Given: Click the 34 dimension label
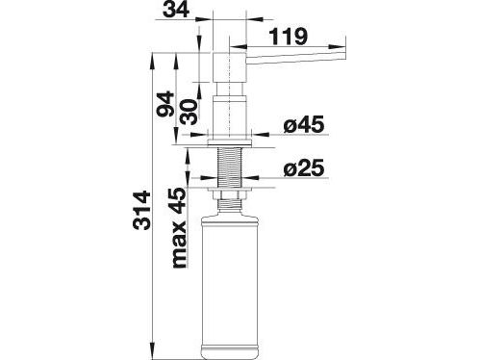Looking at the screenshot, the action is click(x=176, y=9).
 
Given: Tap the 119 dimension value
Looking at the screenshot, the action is click(x=288, y=37).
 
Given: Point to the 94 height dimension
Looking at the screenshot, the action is click(x=165, y=104).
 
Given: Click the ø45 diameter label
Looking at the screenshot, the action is click(x=304, y=124).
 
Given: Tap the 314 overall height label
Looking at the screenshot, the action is click(x=141, y=210).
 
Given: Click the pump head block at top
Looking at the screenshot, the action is click(x=229, y=67).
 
